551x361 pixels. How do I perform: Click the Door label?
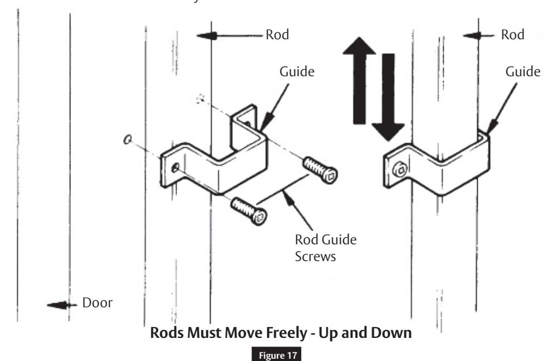click(x=98, y=303)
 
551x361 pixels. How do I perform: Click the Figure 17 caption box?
click(x=276, y=355)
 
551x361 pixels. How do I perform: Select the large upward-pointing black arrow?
click(x=359, y=80)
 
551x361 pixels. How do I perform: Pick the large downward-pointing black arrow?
click(x=388, y=97)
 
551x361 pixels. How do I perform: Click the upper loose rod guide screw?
click(x=320, y=170)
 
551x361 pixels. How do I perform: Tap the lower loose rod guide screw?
click(x=249, y=211)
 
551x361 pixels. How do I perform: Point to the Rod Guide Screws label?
click(x=325, y=248)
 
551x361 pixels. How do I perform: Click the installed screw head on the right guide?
click(x=400, y=170)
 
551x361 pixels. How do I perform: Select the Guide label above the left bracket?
click(x=297, y=72)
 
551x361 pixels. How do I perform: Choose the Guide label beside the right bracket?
click(x=523, y=72)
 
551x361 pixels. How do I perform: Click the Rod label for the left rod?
click(x=278, y=35)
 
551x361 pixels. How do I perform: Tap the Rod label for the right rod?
click(x=512, y=35)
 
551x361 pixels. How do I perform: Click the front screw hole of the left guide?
click(x=175, y=168)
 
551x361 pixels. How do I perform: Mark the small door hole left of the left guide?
click(x=128, y=140)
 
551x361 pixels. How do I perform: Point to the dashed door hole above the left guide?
click(x=201, y=99)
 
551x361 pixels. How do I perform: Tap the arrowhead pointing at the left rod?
click(x=207, y=36)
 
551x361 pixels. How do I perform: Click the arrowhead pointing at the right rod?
click(x=472, y=36)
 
